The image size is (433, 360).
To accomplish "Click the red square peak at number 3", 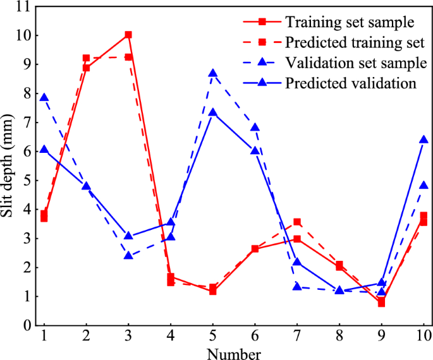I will click(x=128, y=35).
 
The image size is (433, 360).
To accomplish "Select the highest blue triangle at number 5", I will click(x=213, y=73).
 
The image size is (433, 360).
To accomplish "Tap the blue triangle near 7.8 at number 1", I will click(x=44, y=98).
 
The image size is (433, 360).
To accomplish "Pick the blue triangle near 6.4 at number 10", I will click(x=424, y=140).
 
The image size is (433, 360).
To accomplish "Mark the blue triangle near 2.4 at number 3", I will click(x=128, y=256).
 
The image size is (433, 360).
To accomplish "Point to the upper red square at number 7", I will click(x=297, y=222).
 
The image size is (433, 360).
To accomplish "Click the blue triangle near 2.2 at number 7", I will click(x=297, y=262).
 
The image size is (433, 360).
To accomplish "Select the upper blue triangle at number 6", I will click(x=255, y=128).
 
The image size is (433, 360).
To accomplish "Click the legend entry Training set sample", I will click(x=350, y=22).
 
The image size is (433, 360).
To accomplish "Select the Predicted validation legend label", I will click(x=350, y=83).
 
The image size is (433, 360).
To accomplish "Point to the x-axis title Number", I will click(x=234, y=351).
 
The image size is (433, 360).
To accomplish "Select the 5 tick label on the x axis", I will click(x=213, y=335).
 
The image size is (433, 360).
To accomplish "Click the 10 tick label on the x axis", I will click(x=423, y=335).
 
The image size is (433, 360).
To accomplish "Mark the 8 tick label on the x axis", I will click(x=339, y=335).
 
